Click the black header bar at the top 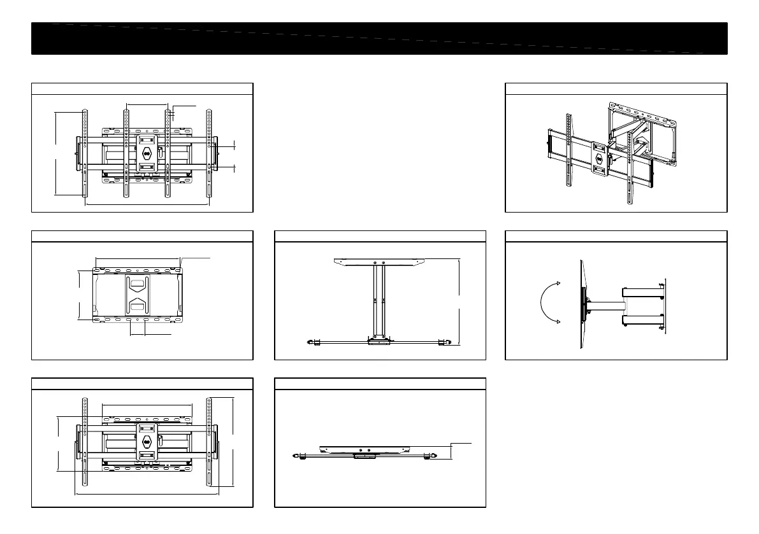(x=380, y=38)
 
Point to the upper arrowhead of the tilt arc (x=558, y=283)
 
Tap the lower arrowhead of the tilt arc (x=558, y=321)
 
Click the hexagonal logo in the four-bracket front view (x=147, y=153)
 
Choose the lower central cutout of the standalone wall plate (x=138, y=306)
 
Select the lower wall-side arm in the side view (x=644, y=320)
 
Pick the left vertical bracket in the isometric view (x=567, y=153)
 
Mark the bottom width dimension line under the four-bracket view (x=147, y=204)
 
